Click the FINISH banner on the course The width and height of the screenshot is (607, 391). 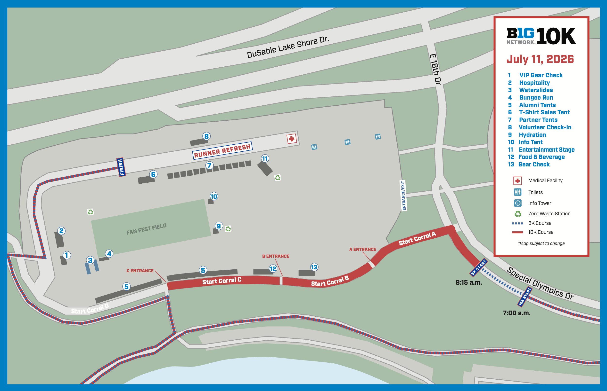(x=121, y=167)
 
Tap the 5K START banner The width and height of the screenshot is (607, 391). (x=478, y=267)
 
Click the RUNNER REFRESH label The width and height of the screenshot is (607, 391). (x=222, y=150)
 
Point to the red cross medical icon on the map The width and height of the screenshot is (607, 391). (x=292, y=139)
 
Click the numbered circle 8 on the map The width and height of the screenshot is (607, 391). (x=206, y=136)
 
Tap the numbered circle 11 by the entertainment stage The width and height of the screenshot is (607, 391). (x=265, y=159)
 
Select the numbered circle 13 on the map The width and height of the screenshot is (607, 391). (x=314, y=267)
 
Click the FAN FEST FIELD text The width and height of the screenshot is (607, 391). (x=146, y=229)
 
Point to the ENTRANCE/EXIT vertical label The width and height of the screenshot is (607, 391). (x=403, y=195)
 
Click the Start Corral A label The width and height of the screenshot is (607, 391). (x=417, y=239)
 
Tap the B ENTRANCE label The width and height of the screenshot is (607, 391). (x=276, y=256)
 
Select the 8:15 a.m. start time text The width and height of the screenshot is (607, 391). (x=469, y=282)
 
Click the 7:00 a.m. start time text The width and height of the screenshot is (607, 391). (x=517, y=313)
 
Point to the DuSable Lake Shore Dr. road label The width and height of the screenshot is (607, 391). (x=288, y=47)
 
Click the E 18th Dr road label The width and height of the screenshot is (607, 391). (x=435, y=69)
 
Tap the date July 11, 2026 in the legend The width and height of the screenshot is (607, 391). (x=540, y=59)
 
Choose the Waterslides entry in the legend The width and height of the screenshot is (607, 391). (x=536, y=90)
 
